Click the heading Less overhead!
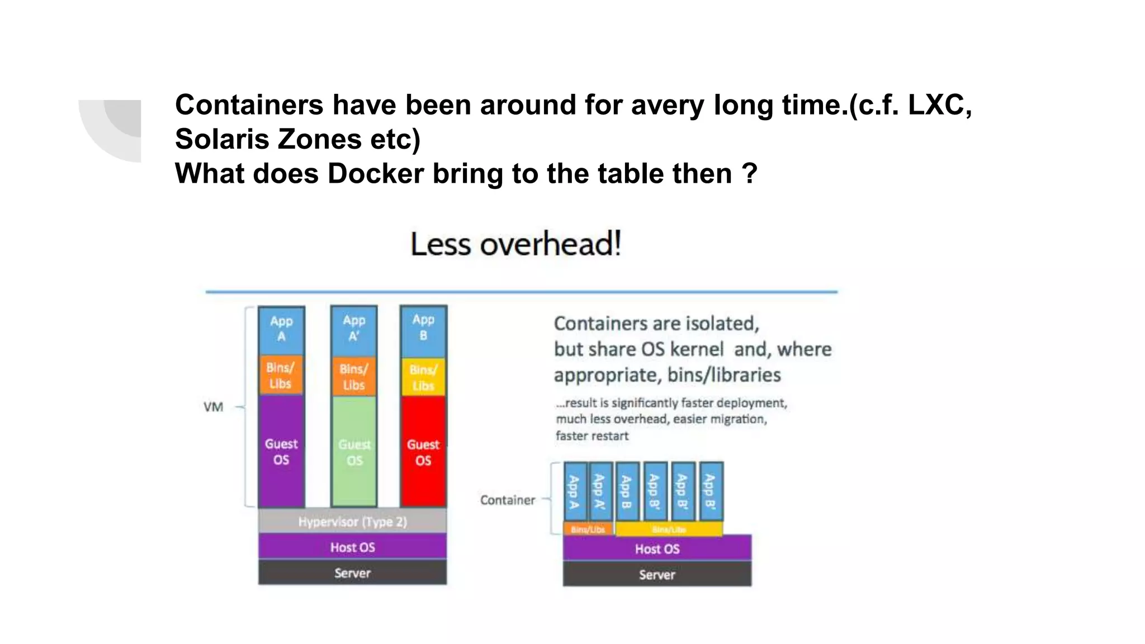pos(515,244)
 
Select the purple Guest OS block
pos(281,451)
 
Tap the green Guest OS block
pos(354,451)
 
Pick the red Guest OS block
pos(423,451)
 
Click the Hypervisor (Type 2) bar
pos(352,522)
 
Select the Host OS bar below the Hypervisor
pos(352,547)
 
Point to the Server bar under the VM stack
pos(352,573)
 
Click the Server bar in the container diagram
pos(657,575)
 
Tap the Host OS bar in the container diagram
pos(657,549)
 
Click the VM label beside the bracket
pos(213,407)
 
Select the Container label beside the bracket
pos(508,500)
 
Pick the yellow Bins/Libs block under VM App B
pos(423,377)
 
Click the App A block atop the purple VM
pos(281,329)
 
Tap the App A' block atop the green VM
pos(354,329)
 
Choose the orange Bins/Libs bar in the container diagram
pos(588,529)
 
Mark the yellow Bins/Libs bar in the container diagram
pos(669,529)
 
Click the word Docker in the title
pos(376,173)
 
